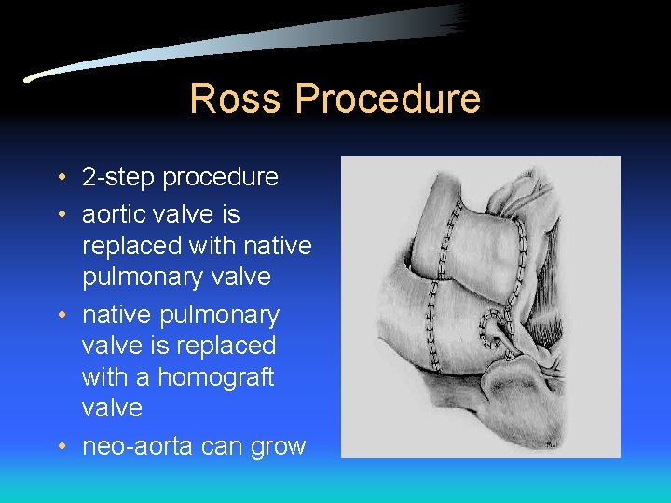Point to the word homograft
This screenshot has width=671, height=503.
click(216, 377)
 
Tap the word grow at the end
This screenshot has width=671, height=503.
click(278, 447)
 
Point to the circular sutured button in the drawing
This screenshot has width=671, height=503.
click(490, 327)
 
